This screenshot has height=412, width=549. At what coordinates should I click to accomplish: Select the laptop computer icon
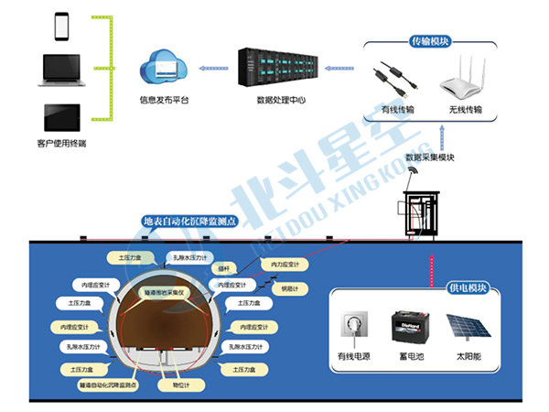click(x=61, y=69)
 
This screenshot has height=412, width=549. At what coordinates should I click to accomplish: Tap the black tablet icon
click(x=61, y=115)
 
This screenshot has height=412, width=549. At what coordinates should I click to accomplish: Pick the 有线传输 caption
click(x=398, y=110)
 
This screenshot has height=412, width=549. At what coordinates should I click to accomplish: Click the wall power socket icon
click(x=352, y=327)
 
